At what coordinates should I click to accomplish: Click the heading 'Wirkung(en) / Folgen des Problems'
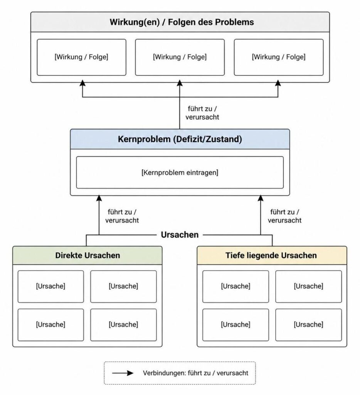click(x=182, y=22)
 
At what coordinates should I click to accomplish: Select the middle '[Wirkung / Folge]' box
click(x=180, y=57)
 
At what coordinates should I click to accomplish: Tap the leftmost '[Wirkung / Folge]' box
click(x=81, y=57)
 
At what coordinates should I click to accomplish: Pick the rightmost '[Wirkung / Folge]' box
click(x=279, y=57)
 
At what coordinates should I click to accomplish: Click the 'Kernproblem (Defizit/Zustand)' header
click(x=180, y=139)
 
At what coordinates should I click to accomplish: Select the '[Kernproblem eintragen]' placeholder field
click(x=180, y=172)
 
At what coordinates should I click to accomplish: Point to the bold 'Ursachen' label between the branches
click(x=180, y=235)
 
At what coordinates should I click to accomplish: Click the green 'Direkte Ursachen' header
click(x=87, y=255)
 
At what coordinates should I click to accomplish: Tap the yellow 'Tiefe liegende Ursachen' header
click(x=272, y=255)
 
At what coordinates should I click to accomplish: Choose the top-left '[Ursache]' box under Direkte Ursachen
click(x=50, y=287)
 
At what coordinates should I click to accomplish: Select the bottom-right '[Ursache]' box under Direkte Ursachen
click(x=123, y=325)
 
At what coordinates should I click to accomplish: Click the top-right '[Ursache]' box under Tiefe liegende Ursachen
click(x=308, y=287)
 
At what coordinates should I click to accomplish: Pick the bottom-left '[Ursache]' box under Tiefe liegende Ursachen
click(x=236, y=325)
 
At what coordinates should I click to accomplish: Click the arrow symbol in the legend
click(x=123, y=373)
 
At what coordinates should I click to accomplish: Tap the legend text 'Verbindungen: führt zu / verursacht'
click(x=195, y=373)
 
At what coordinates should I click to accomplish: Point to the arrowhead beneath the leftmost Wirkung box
click(x=82, y=83)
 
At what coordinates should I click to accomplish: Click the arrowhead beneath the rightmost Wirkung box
click(x=278, y=83)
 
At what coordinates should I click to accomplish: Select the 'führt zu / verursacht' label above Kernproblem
click(x=202, y=113)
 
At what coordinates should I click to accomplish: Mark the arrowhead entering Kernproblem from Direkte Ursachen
click(x=99, y=198)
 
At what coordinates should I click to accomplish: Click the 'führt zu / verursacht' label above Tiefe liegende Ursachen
click(x=284, y=216)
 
